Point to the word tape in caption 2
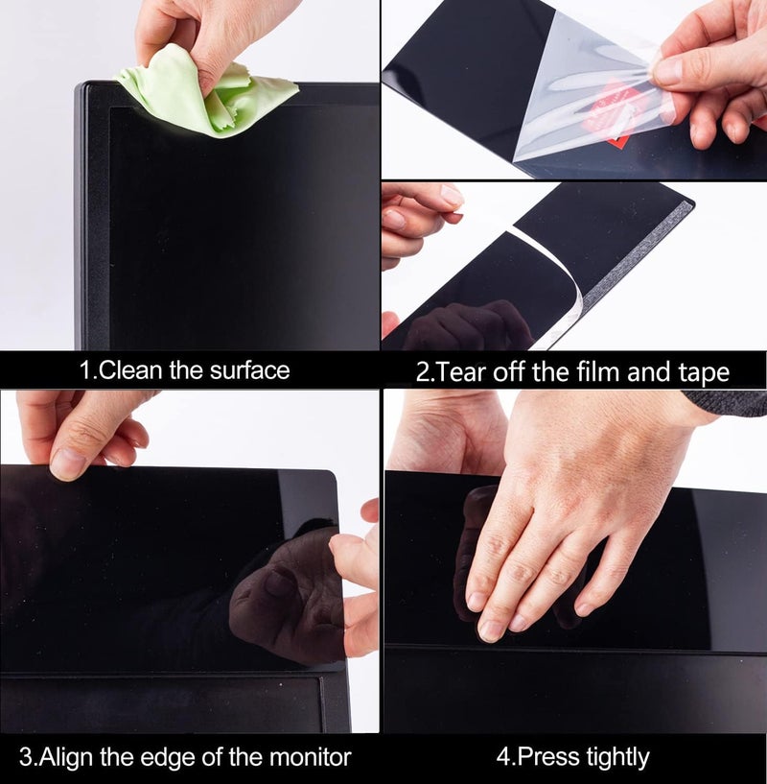[697, 371]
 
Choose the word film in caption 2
[583, 371]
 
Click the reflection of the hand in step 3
[288, 595]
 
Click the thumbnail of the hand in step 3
[69, 464]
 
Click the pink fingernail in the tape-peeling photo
[452, 196]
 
